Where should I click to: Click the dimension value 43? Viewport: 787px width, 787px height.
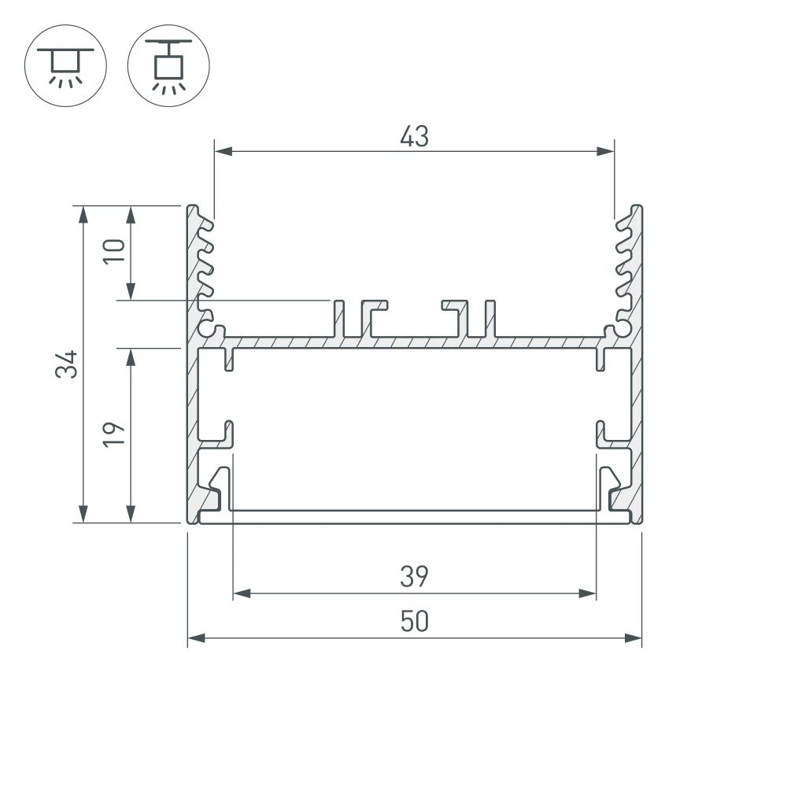coord(414,136)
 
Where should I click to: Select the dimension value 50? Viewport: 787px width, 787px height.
coord(414,622)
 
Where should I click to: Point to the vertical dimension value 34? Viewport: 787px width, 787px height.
coord(70,364)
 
